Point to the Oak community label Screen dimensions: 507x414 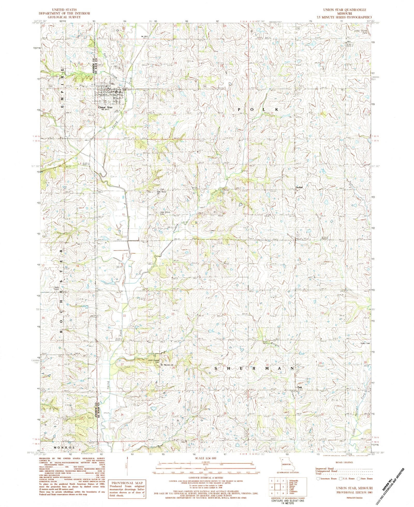pyautogui.click(x=300, y=387)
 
